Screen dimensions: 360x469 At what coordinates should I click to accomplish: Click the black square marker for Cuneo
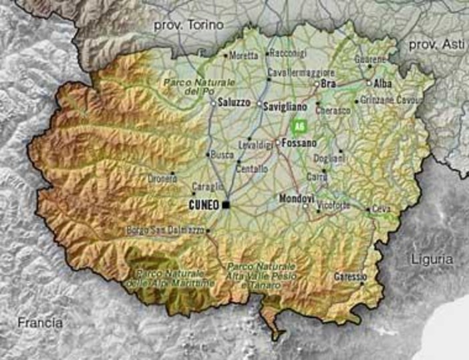226,204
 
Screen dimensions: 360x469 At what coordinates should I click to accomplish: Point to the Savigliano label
285,106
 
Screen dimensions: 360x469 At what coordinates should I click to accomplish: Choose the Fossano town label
299,142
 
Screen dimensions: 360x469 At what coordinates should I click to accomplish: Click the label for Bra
328,84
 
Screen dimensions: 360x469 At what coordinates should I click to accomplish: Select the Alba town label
383,83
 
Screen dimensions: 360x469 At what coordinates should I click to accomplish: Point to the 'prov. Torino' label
181,25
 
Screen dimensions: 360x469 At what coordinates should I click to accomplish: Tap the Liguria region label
432,258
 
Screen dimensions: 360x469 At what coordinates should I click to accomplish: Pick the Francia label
40,323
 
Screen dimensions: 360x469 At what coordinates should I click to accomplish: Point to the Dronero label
162,178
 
